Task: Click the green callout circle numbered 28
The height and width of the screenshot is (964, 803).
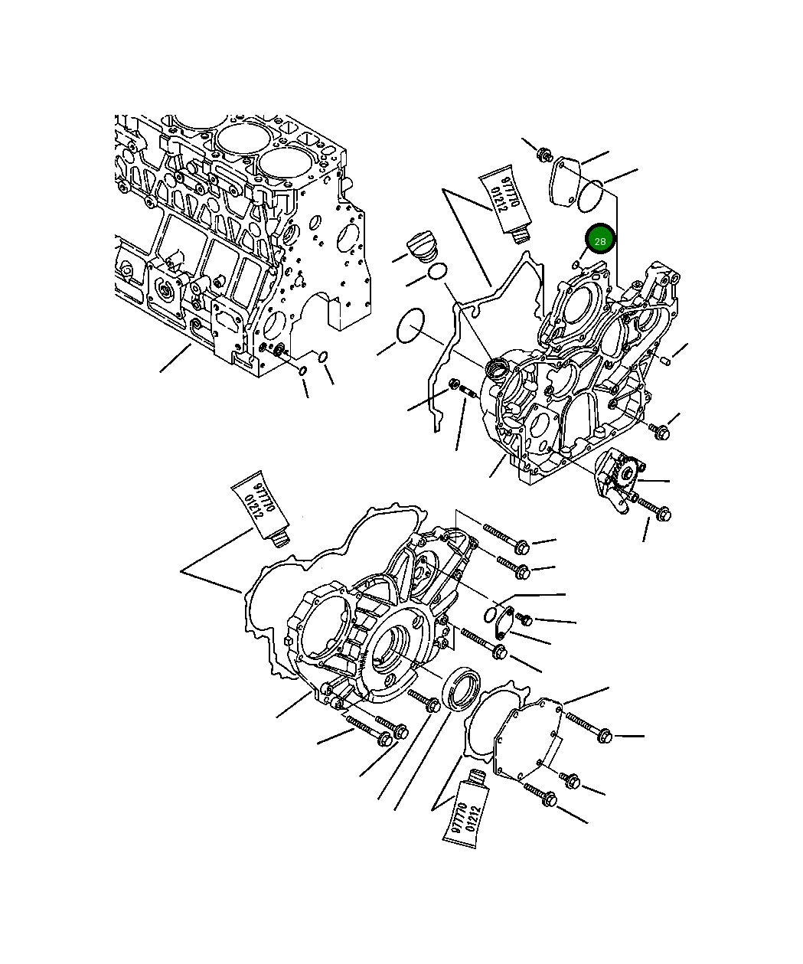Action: [x=600, y=241]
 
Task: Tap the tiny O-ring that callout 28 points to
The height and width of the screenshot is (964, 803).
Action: [x=576, y=264]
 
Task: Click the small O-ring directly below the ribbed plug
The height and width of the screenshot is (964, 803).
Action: [x=437, y=271]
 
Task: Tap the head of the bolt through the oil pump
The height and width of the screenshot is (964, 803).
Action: [x=664, y=511]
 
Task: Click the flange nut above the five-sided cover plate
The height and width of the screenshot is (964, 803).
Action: [x=544, y=154]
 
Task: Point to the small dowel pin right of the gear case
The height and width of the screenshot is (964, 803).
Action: [x=665, y=359]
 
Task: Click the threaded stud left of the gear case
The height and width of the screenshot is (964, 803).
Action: [x=469, y=393]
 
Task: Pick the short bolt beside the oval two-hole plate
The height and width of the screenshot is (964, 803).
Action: [x=524, y=618]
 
